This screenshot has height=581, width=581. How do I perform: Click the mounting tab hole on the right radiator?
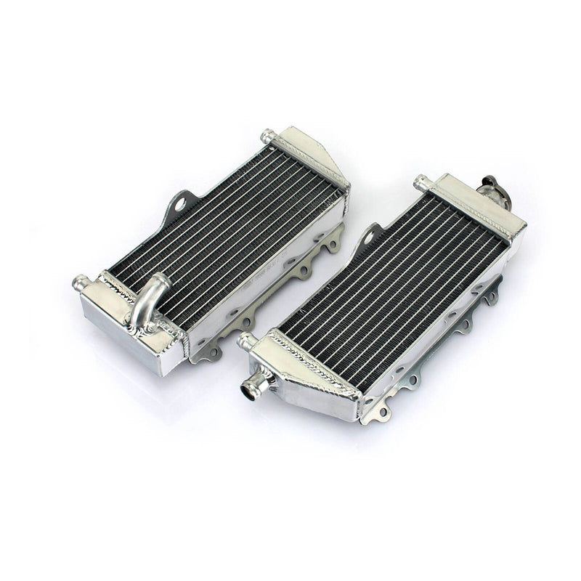tap(372, 234)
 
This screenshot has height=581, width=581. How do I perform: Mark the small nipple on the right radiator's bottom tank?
tap(245, 340)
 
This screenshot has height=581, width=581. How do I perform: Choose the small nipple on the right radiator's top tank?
tap(420, 182)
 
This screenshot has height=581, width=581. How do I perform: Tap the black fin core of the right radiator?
tap(392, 290)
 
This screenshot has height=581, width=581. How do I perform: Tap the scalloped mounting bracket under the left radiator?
tap(276, 290)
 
